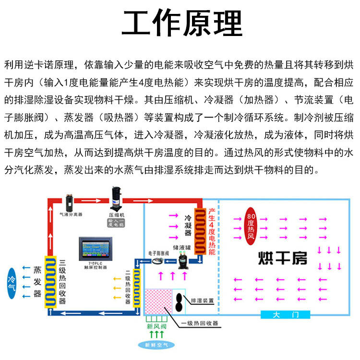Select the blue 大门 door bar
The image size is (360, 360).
coord(285,315)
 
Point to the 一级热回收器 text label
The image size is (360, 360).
coord(200,323)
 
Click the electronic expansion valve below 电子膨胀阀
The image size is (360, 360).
coord(157,261)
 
